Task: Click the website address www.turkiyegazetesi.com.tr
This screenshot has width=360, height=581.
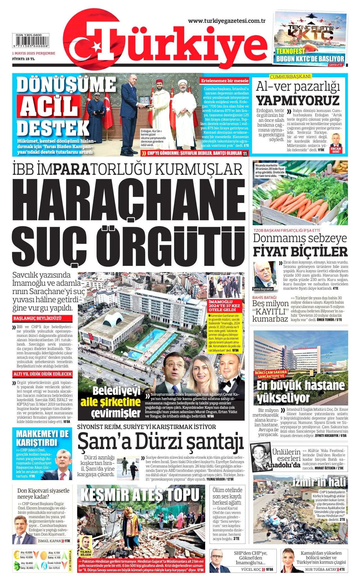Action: [x=227, y=21]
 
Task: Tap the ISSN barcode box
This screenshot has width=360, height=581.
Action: [x=31, y=41]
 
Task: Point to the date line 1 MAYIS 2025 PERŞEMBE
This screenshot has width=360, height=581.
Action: [x=33, y=53]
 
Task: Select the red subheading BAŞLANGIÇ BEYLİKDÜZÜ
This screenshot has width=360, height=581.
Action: [x=37, y=318]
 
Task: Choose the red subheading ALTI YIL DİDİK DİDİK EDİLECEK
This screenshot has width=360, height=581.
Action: [x=42, y=374]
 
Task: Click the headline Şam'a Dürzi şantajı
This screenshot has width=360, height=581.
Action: [x=160, y=441]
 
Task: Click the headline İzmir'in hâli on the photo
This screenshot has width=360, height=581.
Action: [x=319, y=482]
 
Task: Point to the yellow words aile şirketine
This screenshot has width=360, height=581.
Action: [x=110, y=402]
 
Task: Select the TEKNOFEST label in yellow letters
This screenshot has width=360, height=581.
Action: [x=291, y=51]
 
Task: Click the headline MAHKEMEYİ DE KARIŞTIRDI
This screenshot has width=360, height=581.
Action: [x=42, y=438]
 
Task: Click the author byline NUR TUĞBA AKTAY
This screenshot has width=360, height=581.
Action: [x=321, y=569]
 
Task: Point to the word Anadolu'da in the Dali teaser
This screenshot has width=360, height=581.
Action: [x=283, y=465]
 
